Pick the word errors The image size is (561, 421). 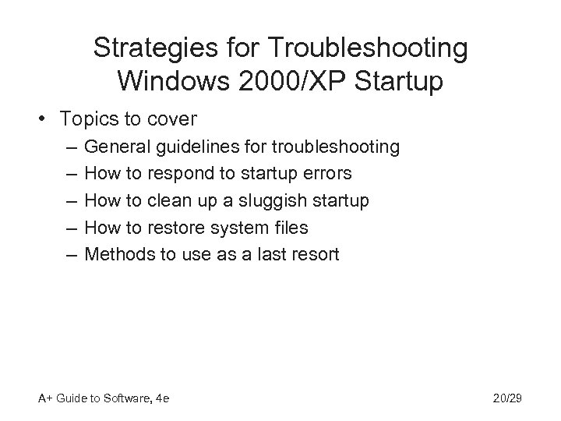click(x=328, y=173)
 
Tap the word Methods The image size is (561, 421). click(x=118, y=254)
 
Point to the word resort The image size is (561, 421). click(x=316, y=254)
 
